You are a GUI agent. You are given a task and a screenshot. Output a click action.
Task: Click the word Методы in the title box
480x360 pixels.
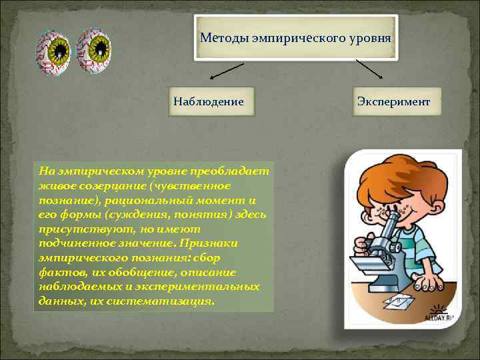click(x=224, y=37)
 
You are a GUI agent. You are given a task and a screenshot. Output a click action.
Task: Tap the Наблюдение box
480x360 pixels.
click(x=208, y=103)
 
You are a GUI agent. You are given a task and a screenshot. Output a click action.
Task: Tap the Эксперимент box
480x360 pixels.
click(x=393, y=103)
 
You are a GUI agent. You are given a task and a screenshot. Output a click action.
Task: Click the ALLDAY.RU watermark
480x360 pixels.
click(x=441, y=316)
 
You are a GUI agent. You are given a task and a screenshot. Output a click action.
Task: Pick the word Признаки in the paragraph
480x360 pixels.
click(x=211, y=243)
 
